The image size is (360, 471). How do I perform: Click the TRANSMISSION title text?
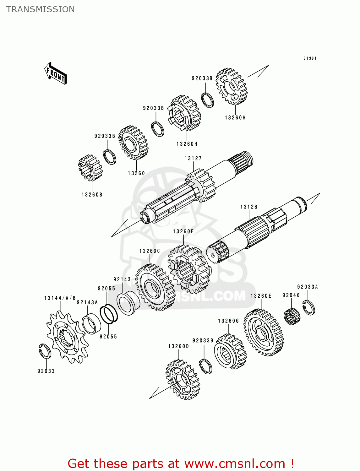click(x=41, y=9)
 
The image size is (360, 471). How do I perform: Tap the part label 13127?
click(x=193, y=159)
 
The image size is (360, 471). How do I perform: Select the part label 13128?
click(x=249, y=207)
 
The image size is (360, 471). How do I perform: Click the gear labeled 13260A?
click(x=232, y=86)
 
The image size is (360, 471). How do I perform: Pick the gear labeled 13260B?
click(x=90, y=168)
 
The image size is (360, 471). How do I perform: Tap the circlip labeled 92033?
click(x=45, y=351)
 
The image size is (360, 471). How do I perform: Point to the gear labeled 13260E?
click(x=264, y=333)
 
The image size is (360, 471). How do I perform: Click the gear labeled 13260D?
click(x=183, y=380)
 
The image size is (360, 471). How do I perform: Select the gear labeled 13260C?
click(x=155, y=287)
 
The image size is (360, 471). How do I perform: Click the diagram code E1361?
click(x=310, y=58)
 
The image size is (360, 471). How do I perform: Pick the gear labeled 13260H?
click(x=184, y=113)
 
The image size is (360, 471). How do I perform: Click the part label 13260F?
click(x=183, y=232)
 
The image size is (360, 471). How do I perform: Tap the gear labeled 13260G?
click(x=230, y=351)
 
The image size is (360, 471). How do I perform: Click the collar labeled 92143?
click(x=128, y=304)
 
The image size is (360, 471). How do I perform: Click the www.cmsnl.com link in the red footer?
click(x=234, y=464)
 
